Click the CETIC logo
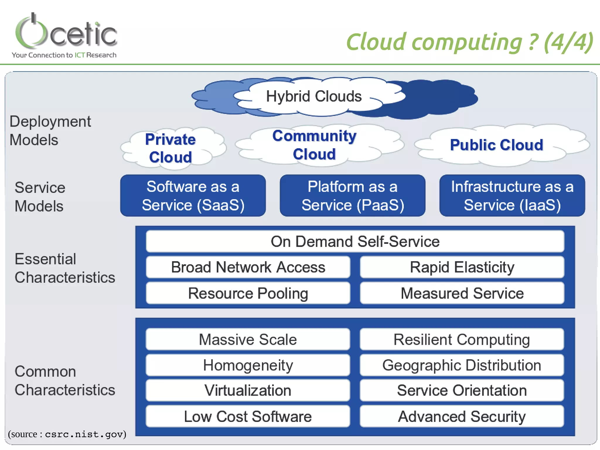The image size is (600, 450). click(x=66, y=32)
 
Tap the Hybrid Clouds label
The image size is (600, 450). click(x=314, y=96)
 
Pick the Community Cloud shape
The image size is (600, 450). click(x=315, y=145)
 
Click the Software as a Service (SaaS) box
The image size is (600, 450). click(x=193, y=196)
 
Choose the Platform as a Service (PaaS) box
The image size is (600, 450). click(x=352, y=196)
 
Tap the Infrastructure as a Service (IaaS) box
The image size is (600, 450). click(x=512, y=196)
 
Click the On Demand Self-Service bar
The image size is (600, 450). click(x=355, y=242)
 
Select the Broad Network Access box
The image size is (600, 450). click(x=248, y=267)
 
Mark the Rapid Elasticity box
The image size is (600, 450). click(x=462, y=267)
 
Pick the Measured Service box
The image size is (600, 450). click(x=462, y=293)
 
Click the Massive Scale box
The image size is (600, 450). click(x=248, y=340)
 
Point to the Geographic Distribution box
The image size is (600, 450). click(x=462, y=365)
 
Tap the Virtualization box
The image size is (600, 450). click(x=248, y=391)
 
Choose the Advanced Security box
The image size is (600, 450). click(x=462, y=416)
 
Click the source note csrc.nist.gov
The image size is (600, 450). click(x=67, y=434)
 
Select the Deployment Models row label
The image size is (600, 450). click(x=50, y=131)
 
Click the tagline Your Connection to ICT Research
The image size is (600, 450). click(x=64, y=55)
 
